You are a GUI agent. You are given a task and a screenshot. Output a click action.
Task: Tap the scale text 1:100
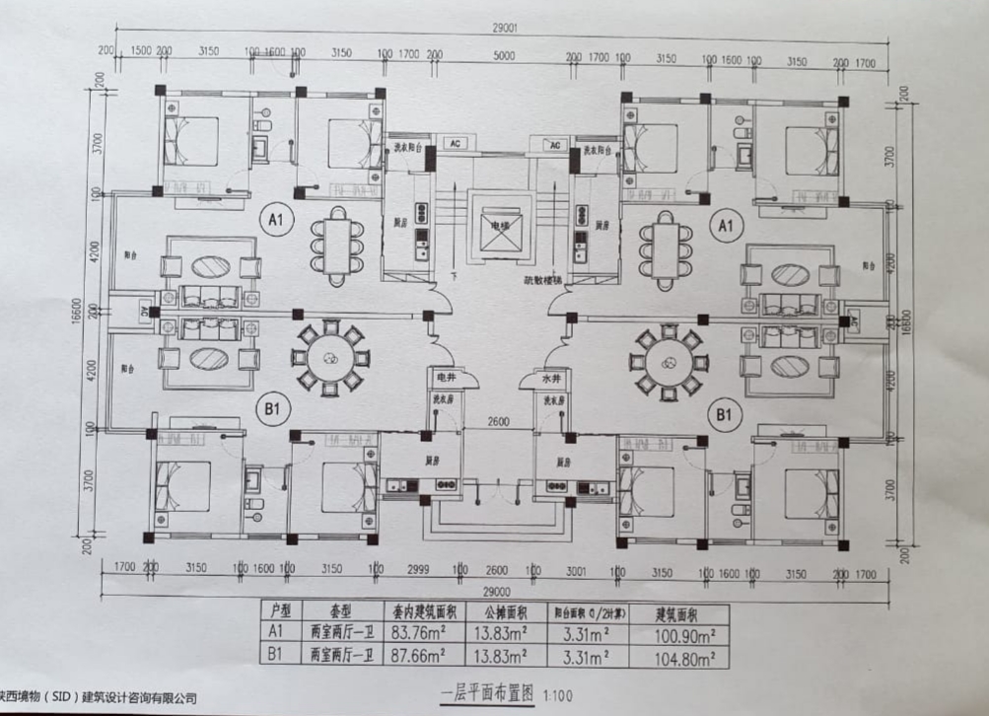557,694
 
